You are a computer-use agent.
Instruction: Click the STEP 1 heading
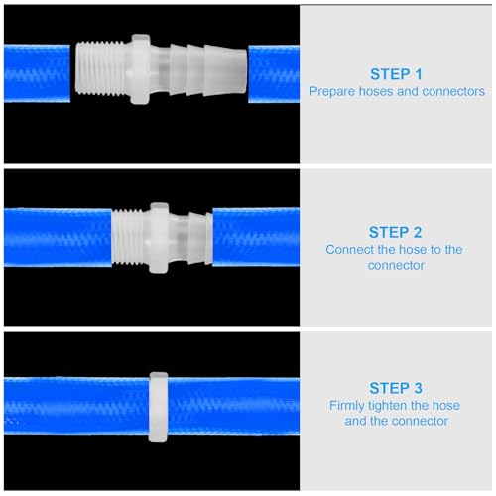(397, 73)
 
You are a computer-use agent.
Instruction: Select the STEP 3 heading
(397, 388)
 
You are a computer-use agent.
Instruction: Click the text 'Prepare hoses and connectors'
(397, 91)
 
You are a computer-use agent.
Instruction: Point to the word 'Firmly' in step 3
(349, 406)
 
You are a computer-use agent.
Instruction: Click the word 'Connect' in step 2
(350, 249)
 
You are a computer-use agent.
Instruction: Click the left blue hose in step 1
(35, 73)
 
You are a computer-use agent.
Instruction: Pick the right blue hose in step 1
(273, 72)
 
